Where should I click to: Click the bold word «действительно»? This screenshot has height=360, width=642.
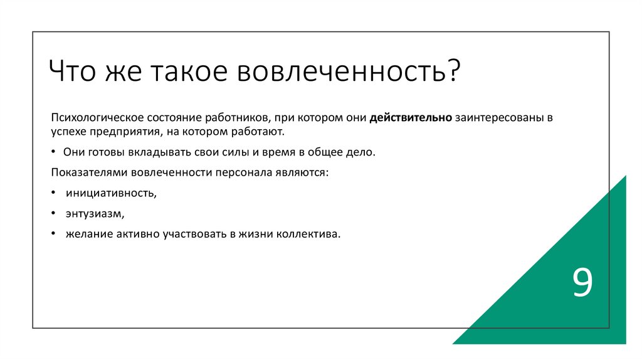click(x=411, y=118)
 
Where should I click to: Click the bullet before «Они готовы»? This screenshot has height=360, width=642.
click(x=54, y=152)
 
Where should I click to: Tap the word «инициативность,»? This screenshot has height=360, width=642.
click(x=111, y=193)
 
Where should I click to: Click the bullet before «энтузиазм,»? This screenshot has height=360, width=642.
click(x=54, y=213)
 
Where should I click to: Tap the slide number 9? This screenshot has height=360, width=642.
click(x=582, y=283)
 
